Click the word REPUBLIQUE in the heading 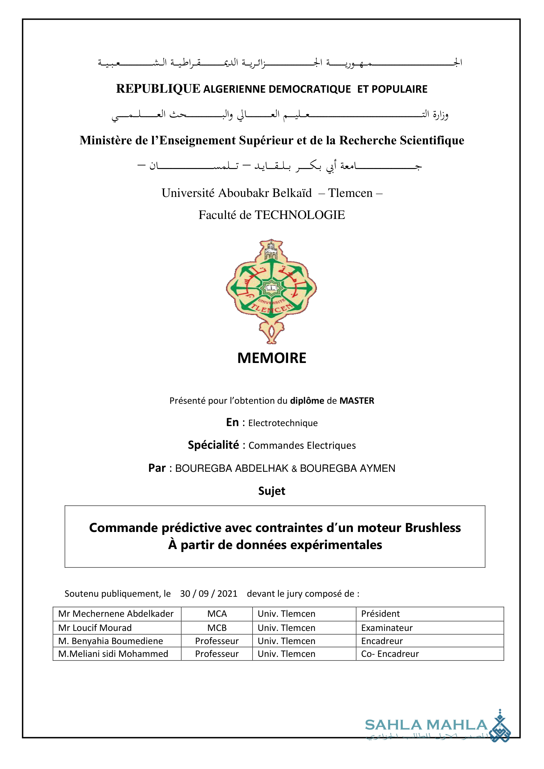(x=158, y=89)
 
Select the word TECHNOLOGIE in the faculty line (x=300, y=215)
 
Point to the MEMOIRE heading (x=272, y=358)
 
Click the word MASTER (x=357, y=401)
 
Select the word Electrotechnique (x=283, y=423)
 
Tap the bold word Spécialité (x=213, y=445)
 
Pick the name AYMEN (x=378, y=468)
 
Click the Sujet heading (x=272, y=491)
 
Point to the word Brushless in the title (x=433, y=528)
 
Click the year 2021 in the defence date (x=227, y=594)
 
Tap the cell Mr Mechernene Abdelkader (x=116, y=614)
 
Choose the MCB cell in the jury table (x=217, y=628)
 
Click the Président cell (x=381, y=614)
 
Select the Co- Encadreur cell (x=390, y=654)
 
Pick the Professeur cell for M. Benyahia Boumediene (x=217, y=641)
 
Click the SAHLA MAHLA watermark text (x=426, y=725)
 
